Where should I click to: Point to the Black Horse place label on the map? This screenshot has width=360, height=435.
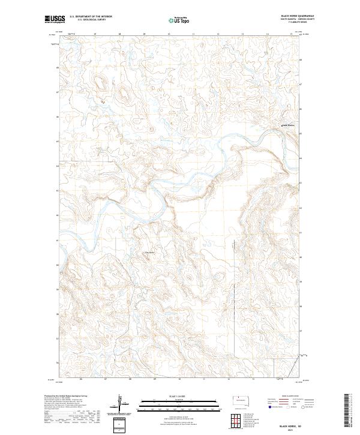click(x=289, y=125)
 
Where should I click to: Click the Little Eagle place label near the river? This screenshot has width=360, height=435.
click(x=149, y=252)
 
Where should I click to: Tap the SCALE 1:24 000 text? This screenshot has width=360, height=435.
click(x=179, y=395)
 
